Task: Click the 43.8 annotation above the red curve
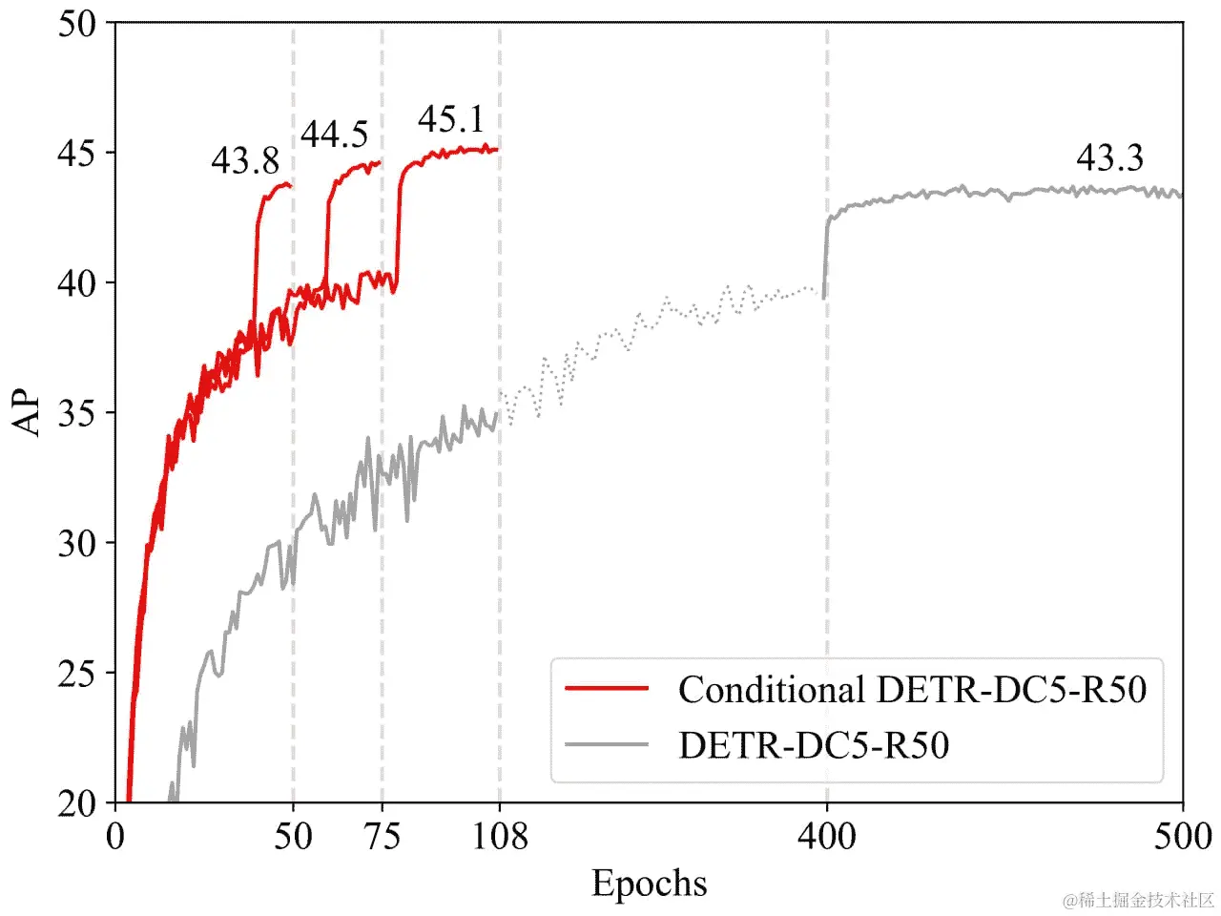coord(245,161)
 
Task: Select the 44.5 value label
coord(334,135)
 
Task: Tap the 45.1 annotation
coord(451,119)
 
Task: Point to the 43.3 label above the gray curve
coord(1109,157)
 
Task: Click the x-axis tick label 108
coord(500,837)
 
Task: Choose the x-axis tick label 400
coord(826,837)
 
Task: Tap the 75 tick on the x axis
coord(382,837)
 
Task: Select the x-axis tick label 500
coord(1182,837)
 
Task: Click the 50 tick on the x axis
coord(293,837)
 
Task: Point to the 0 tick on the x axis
coord(115,837)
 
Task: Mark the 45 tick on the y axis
coord(77,154)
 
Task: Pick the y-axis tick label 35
coord(77,413)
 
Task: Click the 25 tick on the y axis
coord(77,674)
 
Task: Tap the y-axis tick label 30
coord(77,544)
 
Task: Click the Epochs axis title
coord(650,883)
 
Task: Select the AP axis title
coord(29,412)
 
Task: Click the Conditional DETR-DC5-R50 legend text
coord(912,689)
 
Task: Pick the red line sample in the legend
coord(607,688)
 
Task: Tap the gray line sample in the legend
coord(607,744)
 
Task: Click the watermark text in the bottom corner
coord(1139,900)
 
